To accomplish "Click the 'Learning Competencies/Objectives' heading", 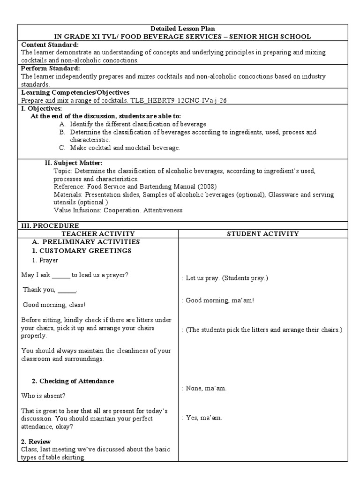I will pyautogui.click(x=75, y=92).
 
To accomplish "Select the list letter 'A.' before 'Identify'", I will pyautogui.click(x=62, y=124).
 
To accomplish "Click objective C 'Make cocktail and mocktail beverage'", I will pyautogui.click(x=125, y=148).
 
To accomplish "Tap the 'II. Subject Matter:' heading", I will pyautogui.click(x=74, y=163).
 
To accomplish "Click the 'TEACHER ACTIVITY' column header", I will pyautogui.click(x=98, y=233).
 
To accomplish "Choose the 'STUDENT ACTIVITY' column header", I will pyautogui.click(x=262, y=233).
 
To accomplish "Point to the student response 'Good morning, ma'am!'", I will pyautogui.click(x=220, y=300).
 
